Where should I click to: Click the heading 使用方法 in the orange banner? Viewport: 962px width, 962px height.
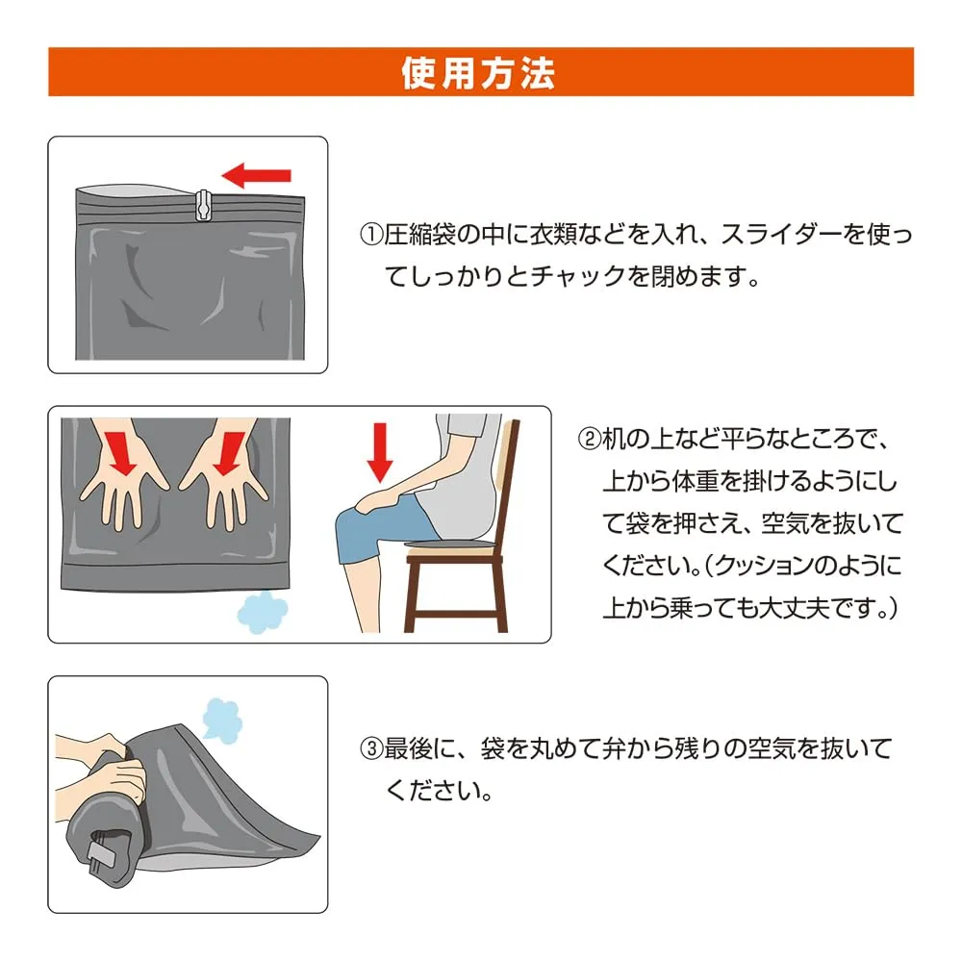coord(478,73)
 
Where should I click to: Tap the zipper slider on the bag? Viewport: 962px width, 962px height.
coord(203,205)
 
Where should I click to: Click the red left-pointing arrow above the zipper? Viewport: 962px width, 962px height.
coord(256,175)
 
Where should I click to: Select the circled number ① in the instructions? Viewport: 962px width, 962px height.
coord(371,235)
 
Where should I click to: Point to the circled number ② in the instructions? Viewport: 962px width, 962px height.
coord(590,440)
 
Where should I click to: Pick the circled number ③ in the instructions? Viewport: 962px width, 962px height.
coord(371,749)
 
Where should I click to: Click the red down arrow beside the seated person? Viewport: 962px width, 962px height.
coord(380,453)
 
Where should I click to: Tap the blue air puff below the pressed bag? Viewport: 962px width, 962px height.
coord(262,612)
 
